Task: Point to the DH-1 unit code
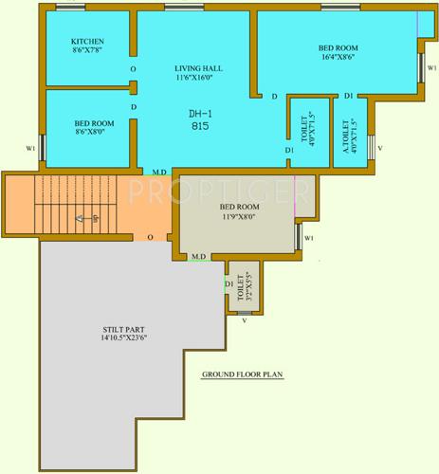[199, 113]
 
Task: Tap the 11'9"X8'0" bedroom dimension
[240, 216]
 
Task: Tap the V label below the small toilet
[245, 320]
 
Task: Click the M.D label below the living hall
[160, 172]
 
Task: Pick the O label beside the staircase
[150, 237]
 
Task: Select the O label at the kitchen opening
[133, 70]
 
